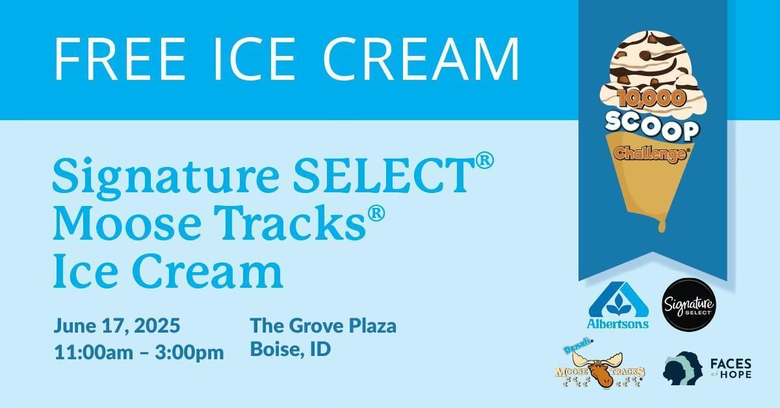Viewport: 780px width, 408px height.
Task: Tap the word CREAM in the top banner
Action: pos(421,58)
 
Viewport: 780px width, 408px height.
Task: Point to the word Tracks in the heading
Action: pos(289,222)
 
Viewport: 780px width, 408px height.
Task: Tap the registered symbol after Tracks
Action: pos(376,214)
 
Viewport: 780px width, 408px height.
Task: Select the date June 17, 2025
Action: pos(116,326)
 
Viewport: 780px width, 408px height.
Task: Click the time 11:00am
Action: pos(94,352)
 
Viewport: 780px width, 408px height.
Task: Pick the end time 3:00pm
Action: pos(189,353)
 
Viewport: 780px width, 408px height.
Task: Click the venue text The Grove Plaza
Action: pos(323,326)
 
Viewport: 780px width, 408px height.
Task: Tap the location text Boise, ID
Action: pos(291,349)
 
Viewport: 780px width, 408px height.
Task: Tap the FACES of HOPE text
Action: pos(731,368)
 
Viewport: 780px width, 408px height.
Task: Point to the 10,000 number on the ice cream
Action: pos(651,99)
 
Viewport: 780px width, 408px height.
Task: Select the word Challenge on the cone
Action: pos(652,153)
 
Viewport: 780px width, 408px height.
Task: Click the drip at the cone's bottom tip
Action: pos(661,225)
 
